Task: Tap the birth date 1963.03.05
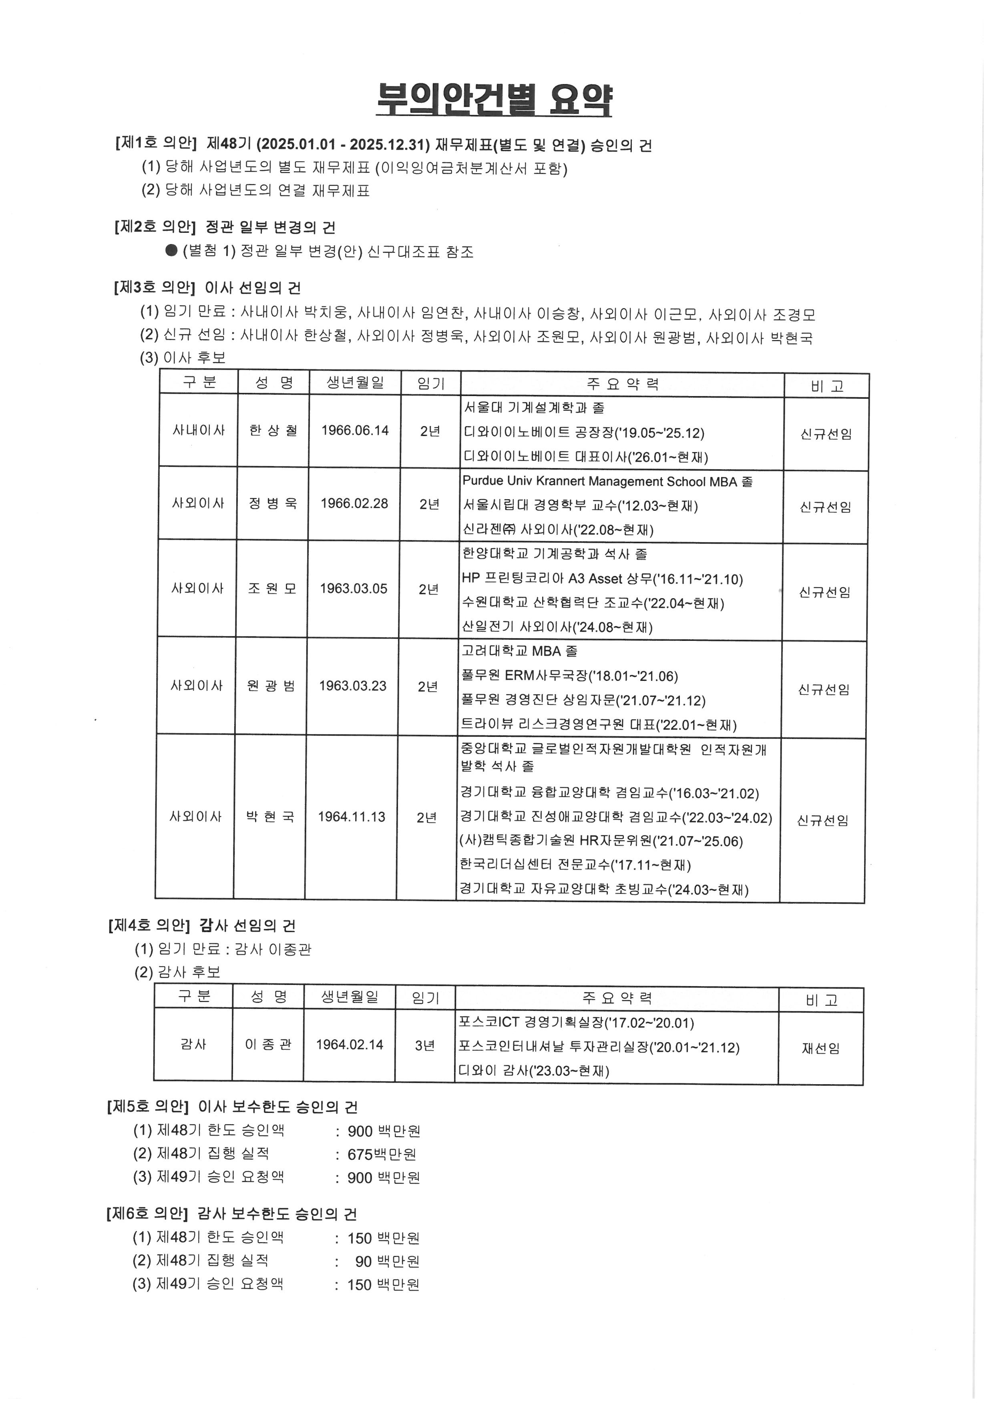click(x=354, y=589)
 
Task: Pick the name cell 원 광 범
click(x=271, y=686)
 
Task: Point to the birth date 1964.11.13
click(x=351, y=817)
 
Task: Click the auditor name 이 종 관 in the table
click(x=268, y=1045)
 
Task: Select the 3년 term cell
click(x=424, y=1045)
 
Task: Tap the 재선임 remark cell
click(x=820, y=1049)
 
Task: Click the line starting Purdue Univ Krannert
click(x=607, y=482)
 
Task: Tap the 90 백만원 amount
click(x=387, y=1261)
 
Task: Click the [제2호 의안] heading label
click(x=154, y=227)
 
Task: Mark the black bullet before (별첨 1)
click(x=171, y=250)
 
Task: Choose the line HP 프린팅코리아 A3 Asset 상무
click(x=602, y=578)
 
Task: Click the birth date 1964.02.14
click(x=349, y=1045)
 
